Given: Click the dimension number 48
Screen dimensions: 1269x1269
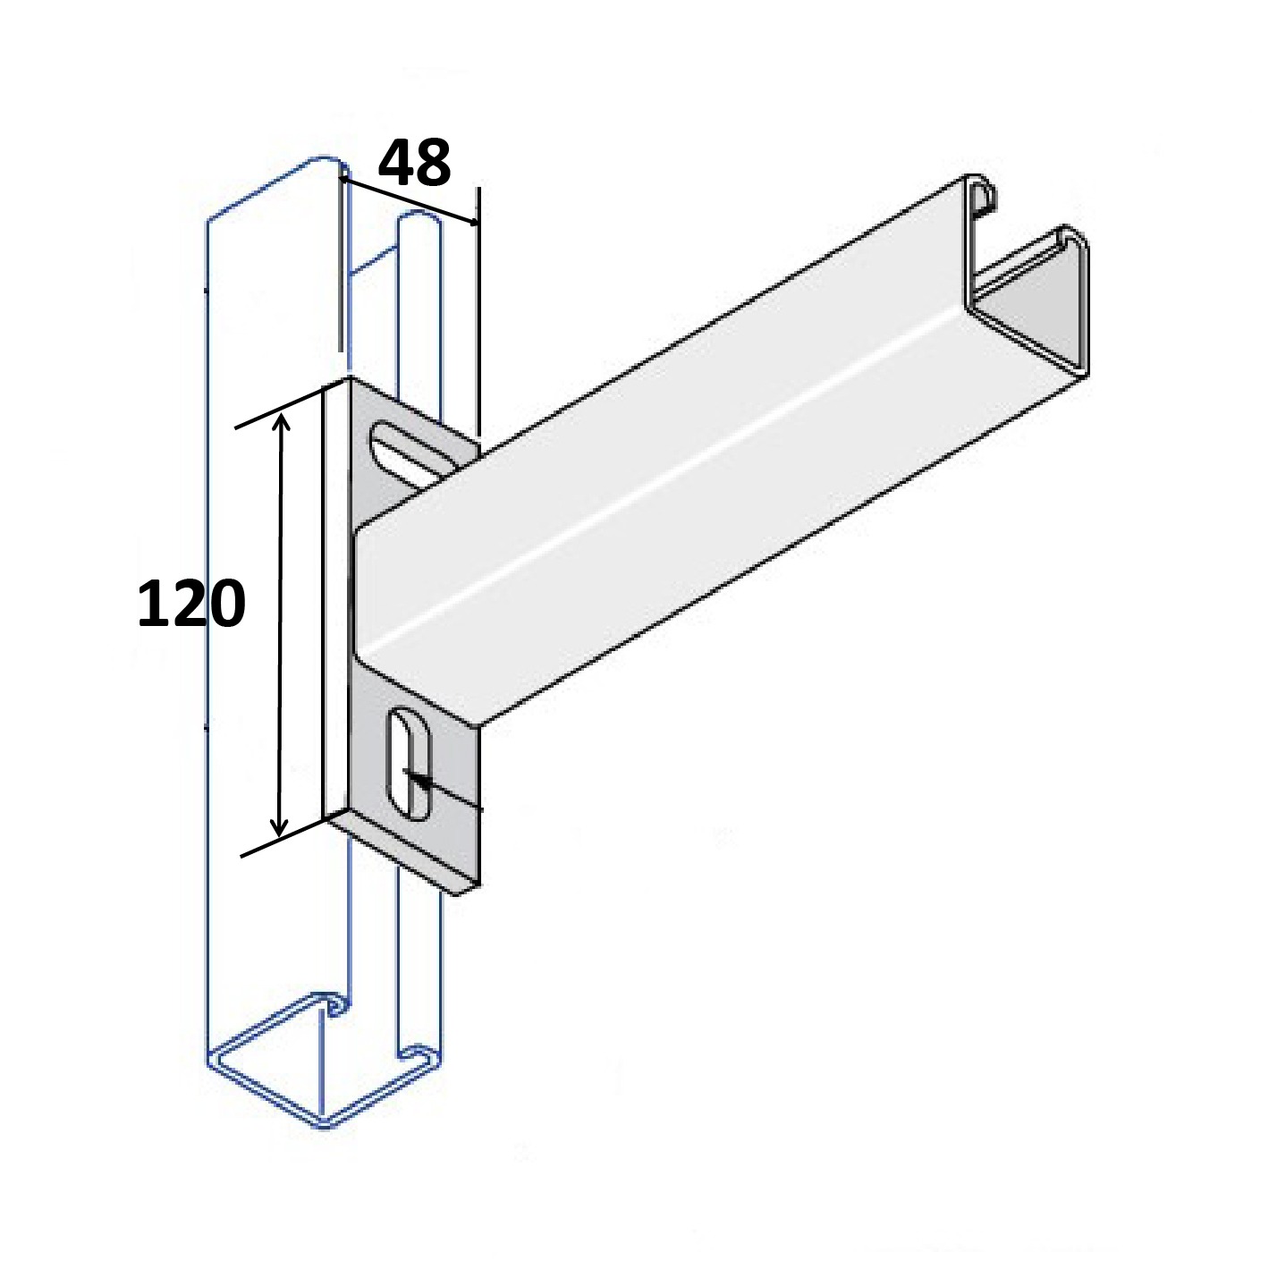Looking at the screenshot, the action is [x=414, y=162].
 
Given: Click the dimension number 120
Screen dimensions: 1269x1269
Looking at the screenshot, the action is [x=191, y=603].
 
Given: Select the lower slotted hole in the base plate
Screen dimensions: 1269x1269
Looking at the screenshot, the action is [x=409, y=765].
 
